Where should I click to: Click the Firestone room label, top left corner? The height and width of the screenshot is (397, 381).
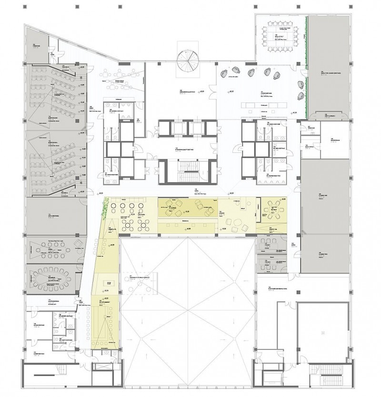(35, 45)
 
